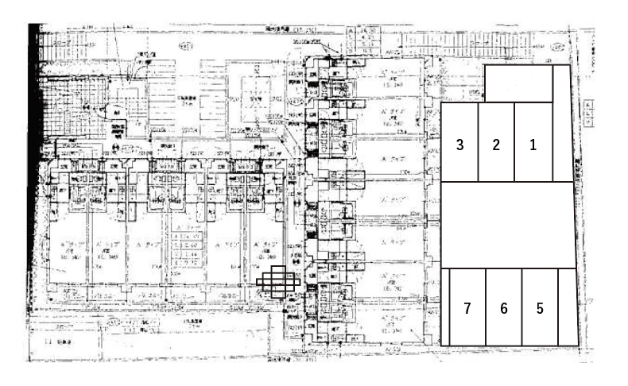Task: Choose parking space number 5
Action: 540,307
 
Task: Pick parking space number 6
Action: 503,307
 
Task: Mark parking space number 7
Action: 467,307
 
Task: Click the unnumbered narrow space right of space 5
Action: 568,307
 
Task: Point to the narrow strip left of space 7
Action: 445,307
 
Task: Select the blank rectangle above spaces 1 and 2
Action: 518,84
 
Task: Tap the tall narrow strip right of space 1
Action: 562,123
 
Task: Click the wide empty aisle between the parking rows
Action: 506,225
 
